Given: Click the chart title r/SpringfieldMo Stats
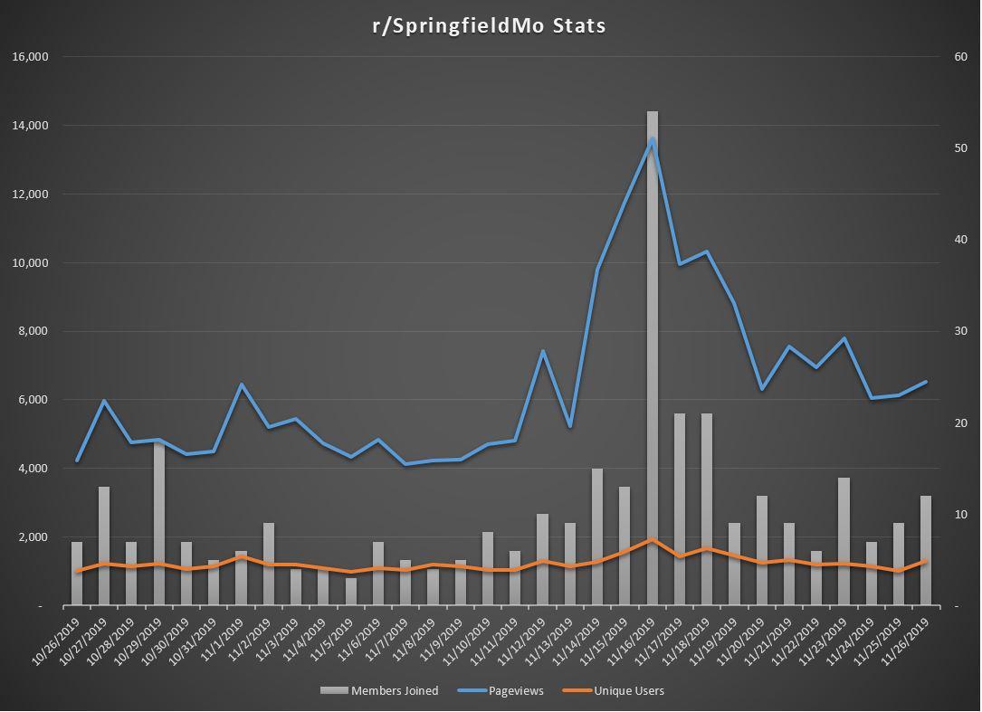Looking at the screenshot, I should tap(490, 25).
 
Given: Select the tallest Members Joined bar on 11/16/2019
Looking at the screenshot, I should tap(653, 362).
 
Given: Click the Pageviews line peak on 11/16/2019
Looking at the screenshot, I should tap(653, 139).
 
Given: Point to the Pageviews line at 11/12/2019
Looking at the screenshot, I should tap(543, 351).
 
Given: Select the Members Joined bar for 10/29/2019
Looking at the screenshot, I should tap(159, 525).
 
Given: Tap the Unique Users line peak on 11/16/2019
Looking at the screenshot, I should tap(653, 539).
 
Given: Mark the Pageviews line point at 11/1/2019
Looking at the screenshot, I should tap(242, 384).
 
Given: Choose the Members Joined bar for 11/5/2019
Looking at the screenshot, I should tap(351, 592).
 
